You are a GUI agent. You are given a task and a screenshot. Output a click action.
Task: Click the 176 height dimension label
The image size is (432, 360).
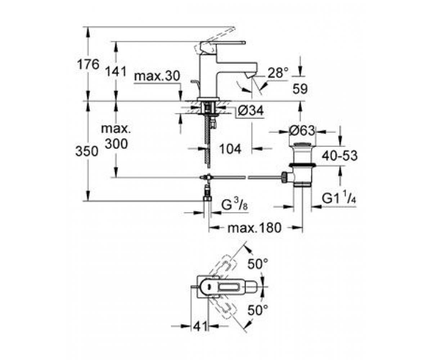coord(88,64)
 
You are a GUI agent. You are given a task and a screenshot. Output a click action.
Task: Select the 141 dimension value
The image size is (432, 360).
coord(116,72)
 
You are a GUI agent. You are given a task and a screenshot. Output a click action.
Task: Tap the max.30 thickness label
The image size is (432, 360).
coord(157,76)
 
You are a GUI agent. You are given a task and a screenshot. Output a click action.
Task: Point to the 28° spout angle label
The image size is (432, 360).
coord(278,73)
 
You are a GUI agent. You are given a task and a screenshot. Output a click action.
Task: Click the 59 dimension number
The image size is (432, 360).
coord(300,89)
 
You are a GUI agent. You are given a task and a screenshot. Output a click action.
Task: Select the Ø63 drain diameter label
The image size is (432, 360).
coord(302,131)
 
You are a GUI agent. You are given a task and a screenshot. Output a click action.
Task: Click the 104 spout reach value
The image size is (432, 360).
coord(230,149)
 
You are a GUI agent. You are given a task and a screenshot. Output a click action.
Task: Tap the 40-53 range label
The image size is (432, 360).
coord(339,156)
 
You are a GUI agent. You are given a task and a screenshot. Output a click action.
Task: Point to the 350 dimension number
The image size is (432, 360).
coord(87,151)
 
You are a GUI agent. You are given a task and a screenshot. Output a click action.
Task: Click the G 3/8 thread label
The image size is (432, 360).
coord(234,205)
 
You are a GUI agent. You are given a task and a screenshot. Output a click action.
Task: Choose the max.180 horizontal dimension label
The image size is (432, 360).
coord(255,228)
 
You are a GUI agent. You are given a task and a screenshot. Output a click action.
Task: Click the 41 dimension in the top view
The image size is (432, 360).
coord(200,326)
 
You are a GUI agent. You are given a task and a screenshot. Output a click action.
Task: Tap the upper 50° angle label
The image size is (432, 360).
coord(258,264)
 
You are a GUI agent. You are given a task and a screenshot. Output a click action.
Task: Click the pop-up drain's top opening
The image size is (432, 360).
coord(302,145)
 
